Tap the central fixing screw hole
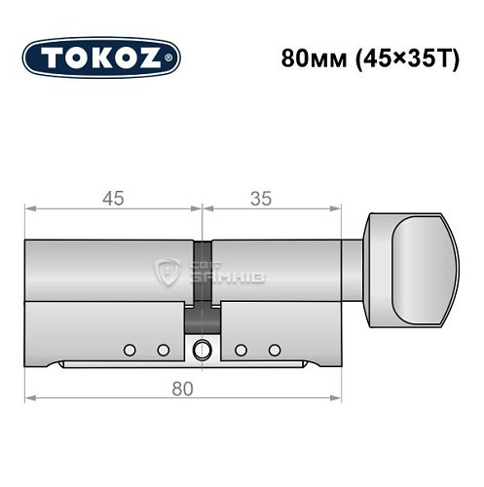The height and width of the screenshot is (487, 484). pos(202,350)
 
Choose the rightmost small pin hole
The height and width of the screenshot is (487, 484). pos(276,349)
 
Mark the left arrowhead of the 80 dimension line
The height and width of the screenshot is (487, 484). pos(29,398)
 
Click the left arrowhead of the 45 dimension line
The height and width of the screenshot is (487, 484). pos(29,207)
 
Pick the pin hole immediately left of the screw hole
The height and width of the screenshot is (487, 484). pos(163,349)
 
